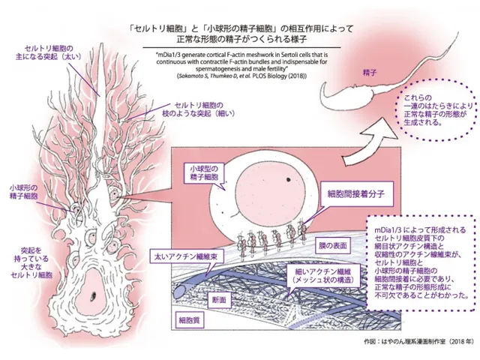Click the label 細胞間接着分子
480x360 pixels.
(x=357, y=193)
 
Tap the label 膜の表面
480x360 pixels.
(x=332, y=245)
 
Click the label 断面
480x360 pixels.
(x=219, y=299)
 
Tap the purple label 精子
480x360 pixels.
(x=370, y=73)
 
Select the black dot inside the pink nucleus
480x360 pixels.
(x=288, y=179)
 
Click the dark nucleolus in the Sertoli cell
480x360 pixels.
(x=93, y=295)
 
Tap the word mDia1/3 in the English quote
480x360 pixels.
(x=166, y=55)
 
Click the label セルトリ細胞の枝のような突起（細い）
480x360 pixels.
(x=199, y=109)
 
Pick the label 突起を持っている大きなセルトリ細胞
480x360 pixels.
(x=31, y=262)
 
